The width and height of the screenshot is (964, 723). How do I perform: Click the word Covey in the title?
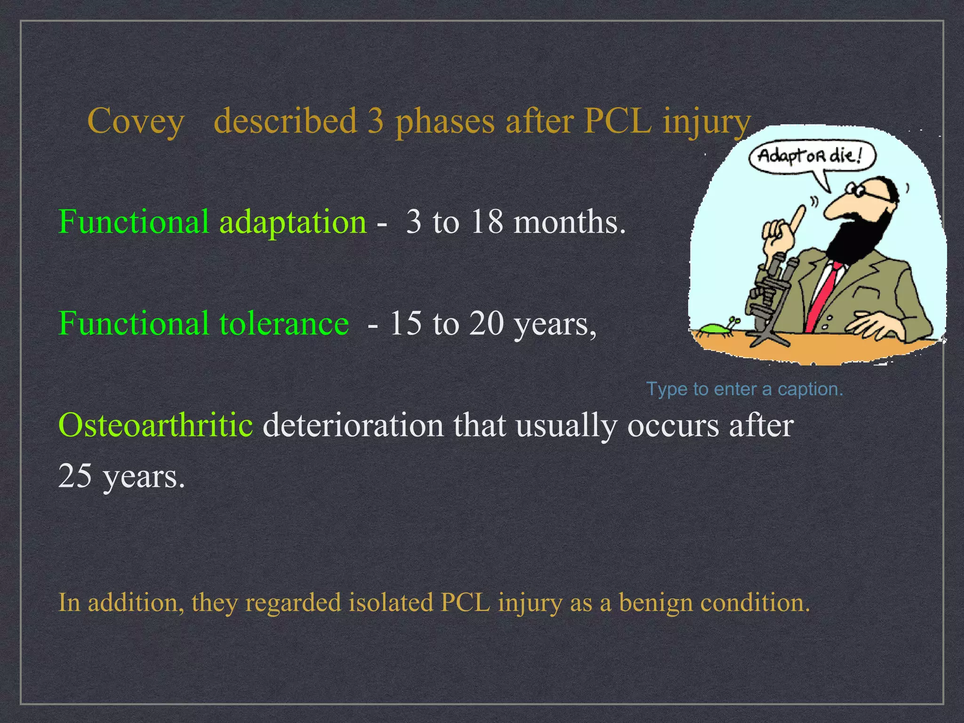click(x=136, y=121)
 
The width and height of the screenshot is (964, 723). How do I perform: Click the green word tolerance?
click(x=284, y=323)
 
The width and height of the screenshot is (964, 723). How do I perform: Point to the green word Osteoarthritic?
click(x=155, y=425)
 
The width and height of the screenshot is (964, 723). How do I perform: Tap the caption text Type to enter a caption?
click(x=744, y=389)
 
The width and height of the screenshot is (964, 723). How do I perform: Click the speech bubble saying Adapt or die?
click(x=811, y=156)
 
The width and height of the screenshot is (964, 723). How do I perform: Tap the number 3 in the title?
click(x=375, y=121)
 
